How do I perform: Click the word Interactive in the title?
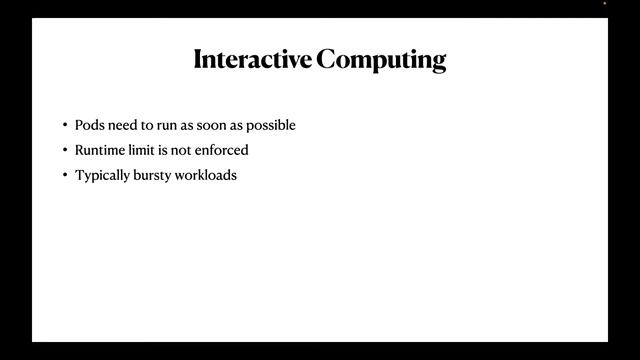click(252, 59)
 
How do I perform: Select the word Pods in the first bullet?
click(89, 125)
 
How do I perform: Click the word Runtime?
click(100, 150)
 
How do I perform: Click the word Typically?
click(102, 175)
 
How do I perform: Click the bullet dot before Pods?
click(64, 125)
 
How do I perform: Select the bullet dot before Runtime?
click(64, 150)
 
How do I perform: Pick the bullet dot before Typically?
click(64, 175)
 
